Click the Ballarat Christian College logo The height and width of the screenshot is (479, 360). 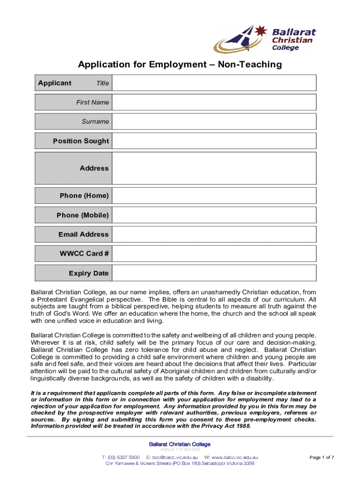click(265, 39)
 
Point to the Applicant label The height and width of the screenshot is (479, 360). click(55, 83)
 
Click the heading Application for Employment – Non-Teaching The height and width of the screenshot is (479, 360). click(180, 65)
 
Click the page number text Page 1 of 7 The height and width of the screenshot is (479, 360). click(322, 457)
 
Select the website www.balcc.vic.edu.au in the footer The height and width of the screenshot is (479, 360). click(235, 457)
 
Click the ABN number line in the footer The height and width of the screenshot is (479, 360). click(180, 450)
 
